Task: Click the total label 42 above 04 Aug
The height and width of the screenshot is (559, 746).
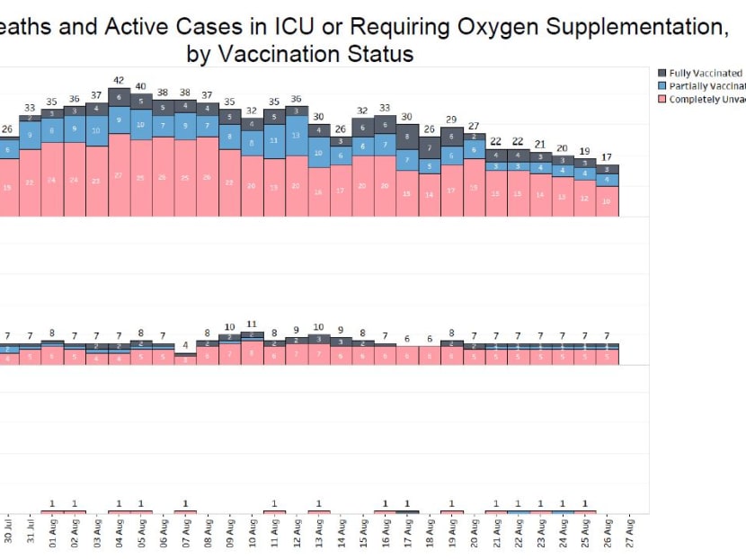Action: [119, 80]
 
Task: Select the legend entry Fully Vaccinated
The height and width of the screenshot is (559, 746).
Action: [705, 73]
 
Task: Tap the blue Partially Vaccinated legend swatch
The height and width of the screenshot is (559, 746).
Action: [662, 85]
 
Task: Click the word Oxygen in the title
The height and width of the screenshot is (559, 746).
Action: [493, 28]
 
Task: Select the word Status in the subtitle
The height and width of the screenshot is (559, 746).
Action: [381, 54]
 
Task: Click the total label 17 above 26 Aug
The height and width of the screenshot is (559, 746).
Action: [608, 158]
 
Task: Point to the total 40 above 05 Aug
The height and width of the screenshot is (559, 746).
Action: [141, 86]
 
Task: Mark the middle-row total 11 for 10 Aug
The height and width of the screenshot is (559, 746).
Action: [252, 324]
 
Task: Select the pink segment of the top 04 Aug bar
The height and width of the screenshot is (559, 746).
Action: [119, 175]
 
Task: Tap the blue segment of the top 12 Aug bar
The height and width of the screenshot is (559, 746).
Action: [297, 136]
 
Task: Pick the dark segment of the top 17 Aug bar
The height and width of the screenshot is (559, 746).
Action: [407, 137]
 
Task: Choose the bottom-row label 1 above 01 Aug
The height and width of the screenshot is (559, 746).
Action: [52, 503]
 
